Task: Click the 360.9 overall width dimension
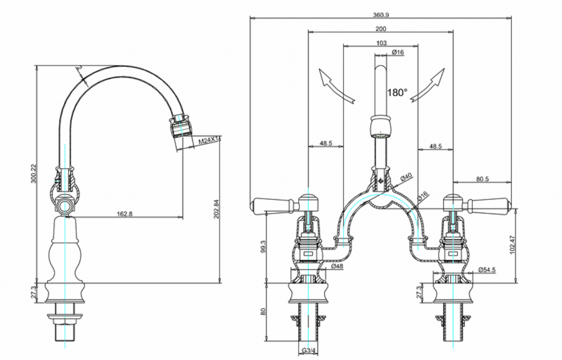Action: pos(381,15)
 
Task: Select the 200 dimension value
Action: pos(381,29)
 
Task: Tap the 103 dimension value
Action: pos(381,43)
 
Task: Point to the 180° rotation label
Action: pos(397,92)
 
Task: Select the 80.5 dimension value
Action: pos(482,179)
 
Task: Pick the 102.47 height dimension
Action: pos(513,245)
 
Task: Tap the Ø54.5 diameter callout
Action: pos(487,270)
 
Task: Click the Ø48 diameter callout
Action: pos(337,266)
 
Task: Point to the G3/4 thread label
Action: pos(309,351)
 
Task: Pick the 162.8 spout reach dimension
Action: pos(124,214)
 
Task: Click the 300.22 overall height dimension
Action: pos(33,173)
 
